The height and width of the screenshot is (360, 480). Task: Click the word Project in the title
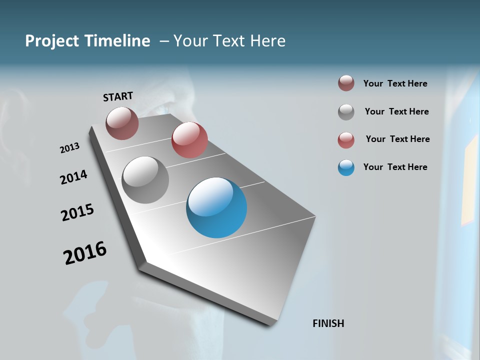pyautogui.click(x=53, y=41)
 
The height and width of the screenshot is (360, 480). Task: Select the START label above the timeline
pyautogui.click(x=118, y=96)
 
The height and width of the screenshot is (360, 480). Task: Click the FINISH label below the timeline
pyautogui.click(x=328, y=323)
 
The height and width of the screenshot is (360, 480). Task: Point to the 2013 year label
pyautogui.click(x=69, y=148)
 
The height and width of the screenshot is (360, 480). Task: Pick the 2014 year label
pyautogui.click(x=73, y=177)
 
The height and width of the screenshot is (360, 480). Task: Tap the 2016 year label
pyautogui.click(x=85, y=253)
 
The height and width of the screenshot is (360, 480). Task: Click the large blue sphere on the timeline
pyautogui.click(x=216, y=207)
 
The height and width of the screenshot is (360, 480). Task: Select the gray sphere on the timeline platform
pyautogui.click(x=145, y=180)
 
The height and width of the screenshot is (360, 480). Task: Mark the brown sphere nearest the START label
pyautogui.click(x=122, y=123)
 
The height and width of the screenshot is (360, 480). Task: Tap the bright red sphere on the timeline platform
pyautogui.click(x=189, y=140)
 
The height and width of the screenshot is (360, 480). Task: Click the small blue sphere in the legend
pyautogui.click(x=346, y=167)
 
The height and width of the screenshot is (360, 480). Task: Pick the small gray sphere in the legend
pyautogui.click(x=346, y=112)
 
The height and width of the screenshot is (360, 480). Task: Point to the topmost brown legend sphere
pyautogui.click(x=346, y=83)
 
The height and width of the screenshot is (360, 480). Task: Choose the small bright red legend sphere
pyautogui.click(x=346, y=140)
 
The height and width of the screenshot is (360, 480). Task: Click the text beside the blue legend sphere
pyautogui.click(x=395, y=167)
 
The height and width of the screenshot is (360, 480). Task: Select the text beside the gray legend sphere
pyautogui.click(x=396, y=111)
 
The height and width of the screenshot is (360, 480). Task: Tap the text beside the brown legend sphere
pyautogui.click(x=395, y=83)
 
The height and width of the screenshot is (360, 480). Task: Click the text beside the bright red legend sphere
pyautogui.click(x=397, y=139)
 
